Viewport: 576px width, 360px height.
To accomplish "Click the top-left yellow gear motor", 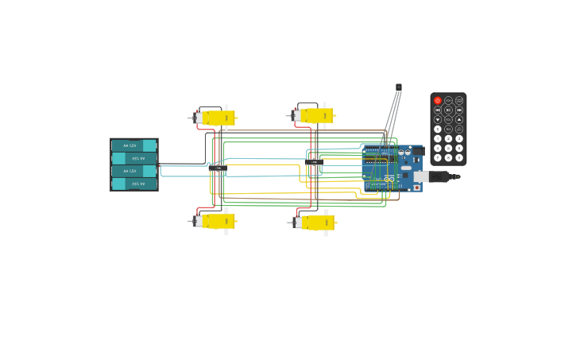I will pyautogui.click(x=216, y=118).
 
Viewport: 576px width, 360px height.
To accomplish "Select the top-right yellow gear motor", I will pyautogui.click(x=315, y=116).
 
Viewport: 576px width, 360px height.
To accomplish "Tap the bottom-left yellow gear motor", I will pyautogui.click(x=216, y=221).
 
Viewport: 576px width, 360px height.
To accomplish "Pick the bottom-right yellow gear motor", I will pyautogui.click(x=315, y=223).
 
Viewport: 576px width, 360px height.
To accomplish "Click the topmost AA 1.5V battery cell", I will pyautogui.click(x=133, y=145).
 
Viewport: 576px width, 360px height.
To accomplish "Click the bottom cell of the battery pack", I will pyautogui.click(x=133, y=184).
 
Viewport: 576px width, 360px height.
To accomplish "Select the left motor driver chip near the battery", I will pyautogui.click(x=218, y=168).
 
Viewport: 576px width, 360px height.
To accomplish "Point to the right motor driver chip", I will pyautogui.click(x=314, y=162).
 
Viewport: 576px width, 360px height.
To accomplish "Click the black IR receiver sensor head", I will pyautogui.click(x=399, y=87).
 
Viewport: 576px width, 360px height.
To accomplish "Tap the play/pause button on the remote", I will pyautogui.click(x=448, y=110).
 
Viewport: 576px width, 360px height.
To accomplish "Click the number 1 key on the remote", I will pyautogui.click(x=438, y=139).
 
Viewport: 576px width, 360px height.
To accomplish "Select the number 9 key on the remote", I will pyautogui.click(x=459, y=157).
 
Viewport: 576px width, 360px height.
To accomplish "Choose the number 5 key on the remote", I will pyautogui.click(x=448, y=149).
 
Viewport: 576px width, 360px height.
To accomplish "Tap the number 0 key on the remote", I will pyautogui.click(x=438, y=129).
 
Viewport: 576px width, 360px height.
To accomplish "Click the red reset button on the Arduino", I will pyautogui.click(x=417, y=188).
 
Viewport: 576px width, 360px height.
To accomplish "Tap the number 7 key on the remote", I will pyautogui.click(x=438, y=157).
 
